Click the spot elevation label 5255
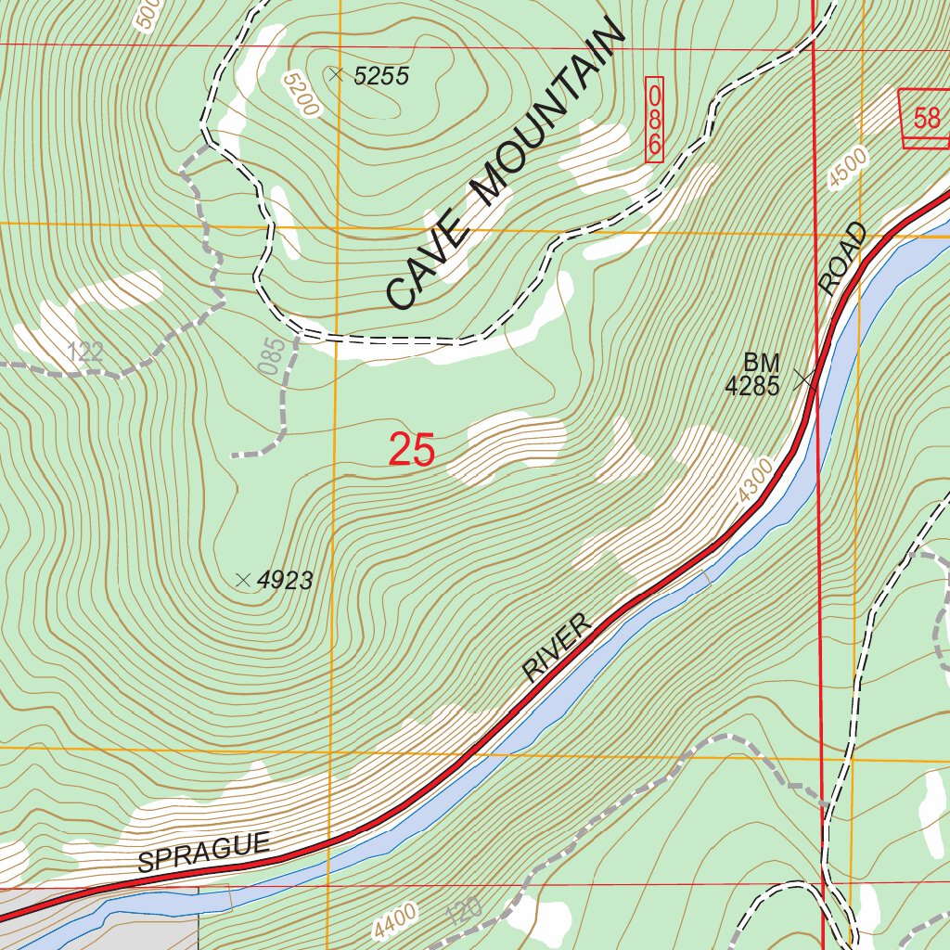pos(381,76)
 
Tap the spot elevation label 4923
pos(285,582)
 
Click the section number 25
pos(412,450)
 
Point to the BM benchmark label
pos(762,362)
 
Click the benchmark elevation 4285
pos(752,386)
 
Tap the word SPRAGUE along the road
pos(204,853)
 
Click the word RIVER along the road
pos(557,648)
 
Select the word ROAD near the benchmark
pos(843,260)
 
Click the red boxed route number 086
pos(655,120)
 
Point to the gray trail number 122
pos(85,352)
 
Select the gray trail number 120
pos(463,912)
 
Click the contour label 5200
pos(302,95)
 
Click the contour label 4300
pos(756,481)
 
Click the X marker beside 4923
pos(243,581)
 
